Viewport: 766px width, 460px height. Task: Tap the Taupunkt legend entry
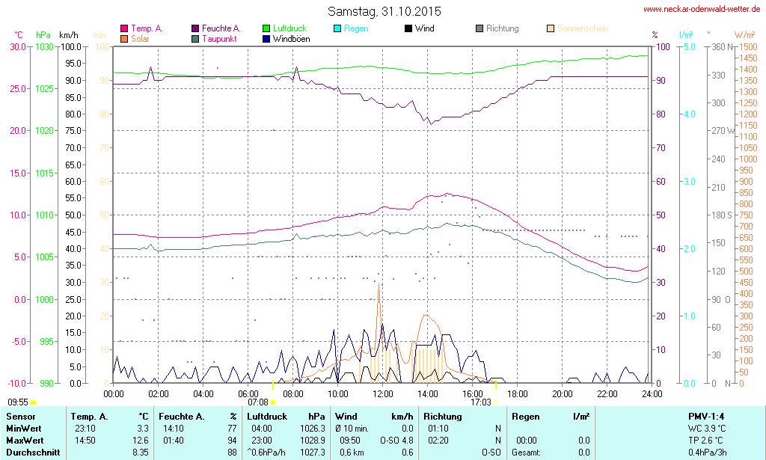[x=219, y=38]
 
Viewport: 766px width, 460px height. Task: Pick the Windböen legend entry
[x=291, y=38]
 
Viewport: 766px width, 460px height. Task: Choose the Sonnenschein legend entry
[x=581, y=28]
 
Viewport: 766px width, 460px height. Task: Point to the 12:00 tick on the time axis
[x=383, y=393]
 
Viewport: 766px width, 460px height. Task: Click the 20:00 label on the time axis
[x=563, y=393]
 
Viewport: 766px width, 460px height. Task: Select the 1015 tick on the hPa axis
[x=44, y=173]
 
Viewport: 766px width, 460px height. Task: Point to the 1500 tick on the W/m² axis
[x=746, y=46]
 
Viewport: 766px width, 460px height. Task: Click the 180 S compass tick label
[x=720, y=215]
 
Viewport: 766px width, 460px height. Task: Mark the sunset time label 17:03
[x=480, y=402]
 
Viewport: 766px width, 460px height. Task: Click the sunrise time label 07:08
[x=257, y=402]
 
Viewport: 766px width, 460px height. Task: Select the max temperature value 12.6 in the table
[x=140, y=440]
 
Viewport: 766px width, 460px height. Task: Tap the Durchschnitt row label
[x=33, y=452]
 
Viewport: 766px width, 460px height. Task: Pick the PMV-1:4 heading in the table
[x=705, y=416]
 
